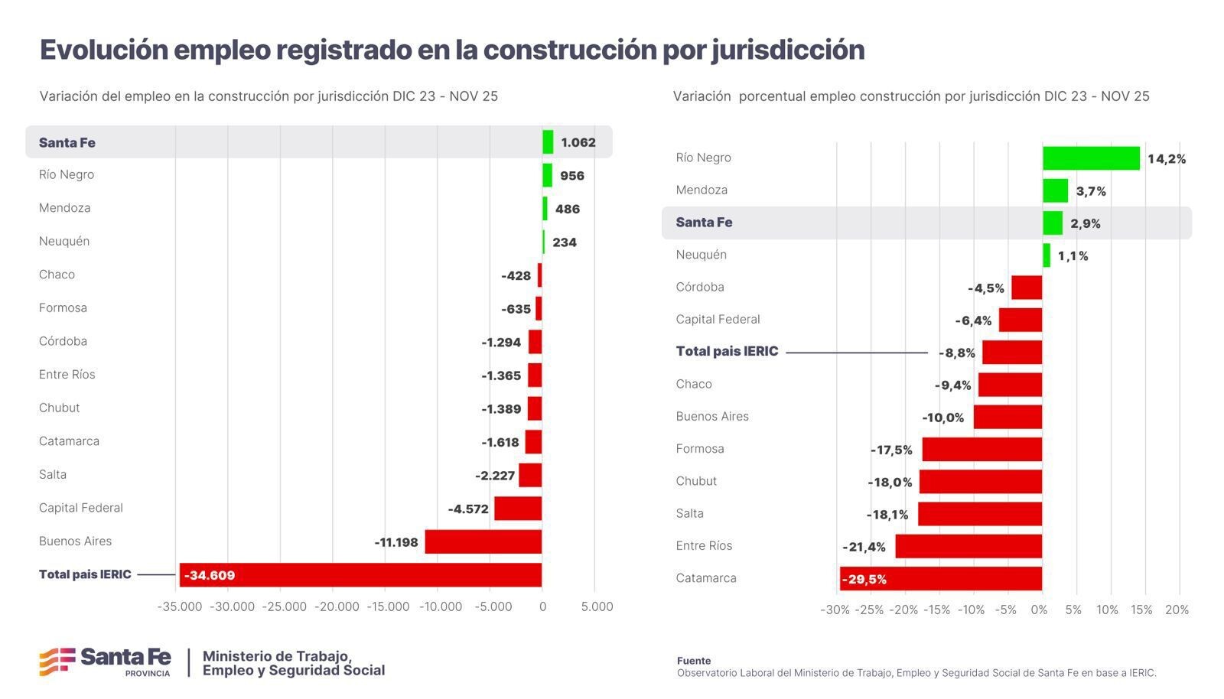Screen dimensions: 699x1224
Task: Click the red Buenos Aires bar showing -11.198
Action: [x=483, y=541]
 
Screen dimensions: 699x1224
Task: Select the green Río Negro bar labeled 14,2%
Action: [x=1090, y=158]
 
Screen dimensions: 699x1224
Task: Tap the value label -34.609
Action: [x=210, y=575]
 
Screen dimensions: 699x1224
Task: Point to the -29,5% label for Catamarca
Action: [x=864, y=580]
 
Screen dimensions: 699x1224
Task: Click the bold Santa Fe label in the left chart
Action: [x=67, y=143]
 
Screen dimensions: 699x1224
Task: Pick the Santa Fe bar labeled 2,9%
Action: [x=1052, y=223]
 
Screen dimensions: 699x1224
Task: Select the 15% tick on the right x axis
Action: [x=1141, y=610]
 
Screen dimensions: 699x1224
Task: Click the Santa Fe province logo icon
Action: [x=57, y=662]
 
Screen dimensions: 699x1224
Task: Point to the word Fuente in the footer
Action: [x=693, y=661]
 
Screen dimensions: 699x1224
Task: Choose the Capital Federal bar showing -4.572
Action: [x=517, y=509]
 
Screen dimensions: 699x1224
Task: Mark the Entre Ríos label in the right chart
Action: [x=704, y=546]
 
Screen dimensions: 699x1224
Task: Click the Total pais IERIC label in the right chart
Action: [x=727, y=352]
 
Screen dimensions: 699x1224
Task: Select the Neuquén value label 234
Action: [x=565, y=242]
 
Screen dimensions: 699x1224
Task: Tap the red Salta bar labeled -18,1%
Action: [x=979, y=514]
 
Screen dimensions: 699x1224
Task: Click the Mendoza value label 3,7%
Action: [x=1091, y=191]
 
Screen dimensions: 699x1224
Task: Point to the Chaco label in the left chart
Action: [x=57, y=275]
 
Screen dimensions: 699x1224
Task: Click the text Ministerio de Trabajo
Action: [x=276, y=656]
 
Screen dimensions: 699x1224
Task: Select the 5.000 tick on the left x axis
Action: [x=597, y=606]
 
